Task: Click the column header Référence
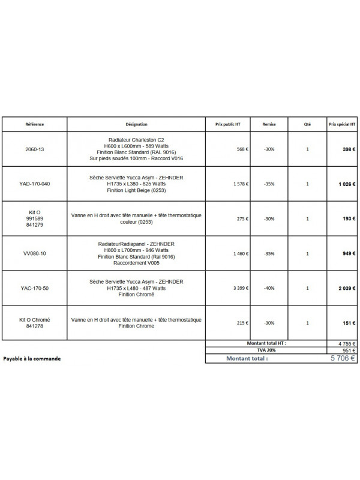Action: pos(35,124)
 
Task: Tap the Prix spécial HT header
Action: pos(342,124)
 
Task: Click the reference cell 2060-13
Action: pos(35,149)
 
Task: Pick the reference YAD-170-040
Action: pos(35,184)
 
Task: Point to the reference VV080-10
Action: pos(35,254)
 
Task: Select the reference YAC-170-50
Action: pos(35,288)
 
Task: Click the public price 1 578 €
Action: pos(223,184)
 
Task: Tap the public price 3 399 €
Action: pos(223,288)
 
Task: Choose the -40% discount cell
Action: pos(269,288)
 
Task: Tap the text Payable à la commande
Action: pos(32,359)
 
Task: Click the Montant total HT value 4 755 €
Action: pos(346,344)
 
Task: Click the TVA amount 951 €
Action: pos(349,350)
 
